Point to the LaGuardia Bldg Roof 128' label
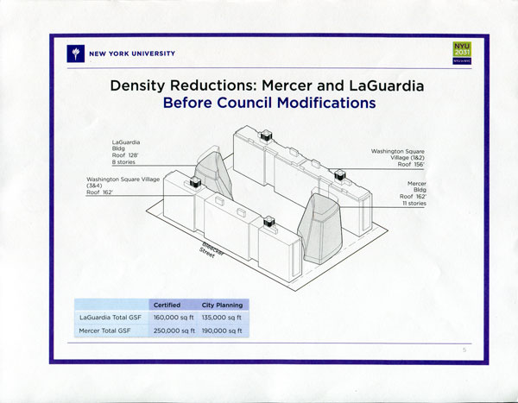click(128, 150)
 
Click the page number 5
click(464, 349)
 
